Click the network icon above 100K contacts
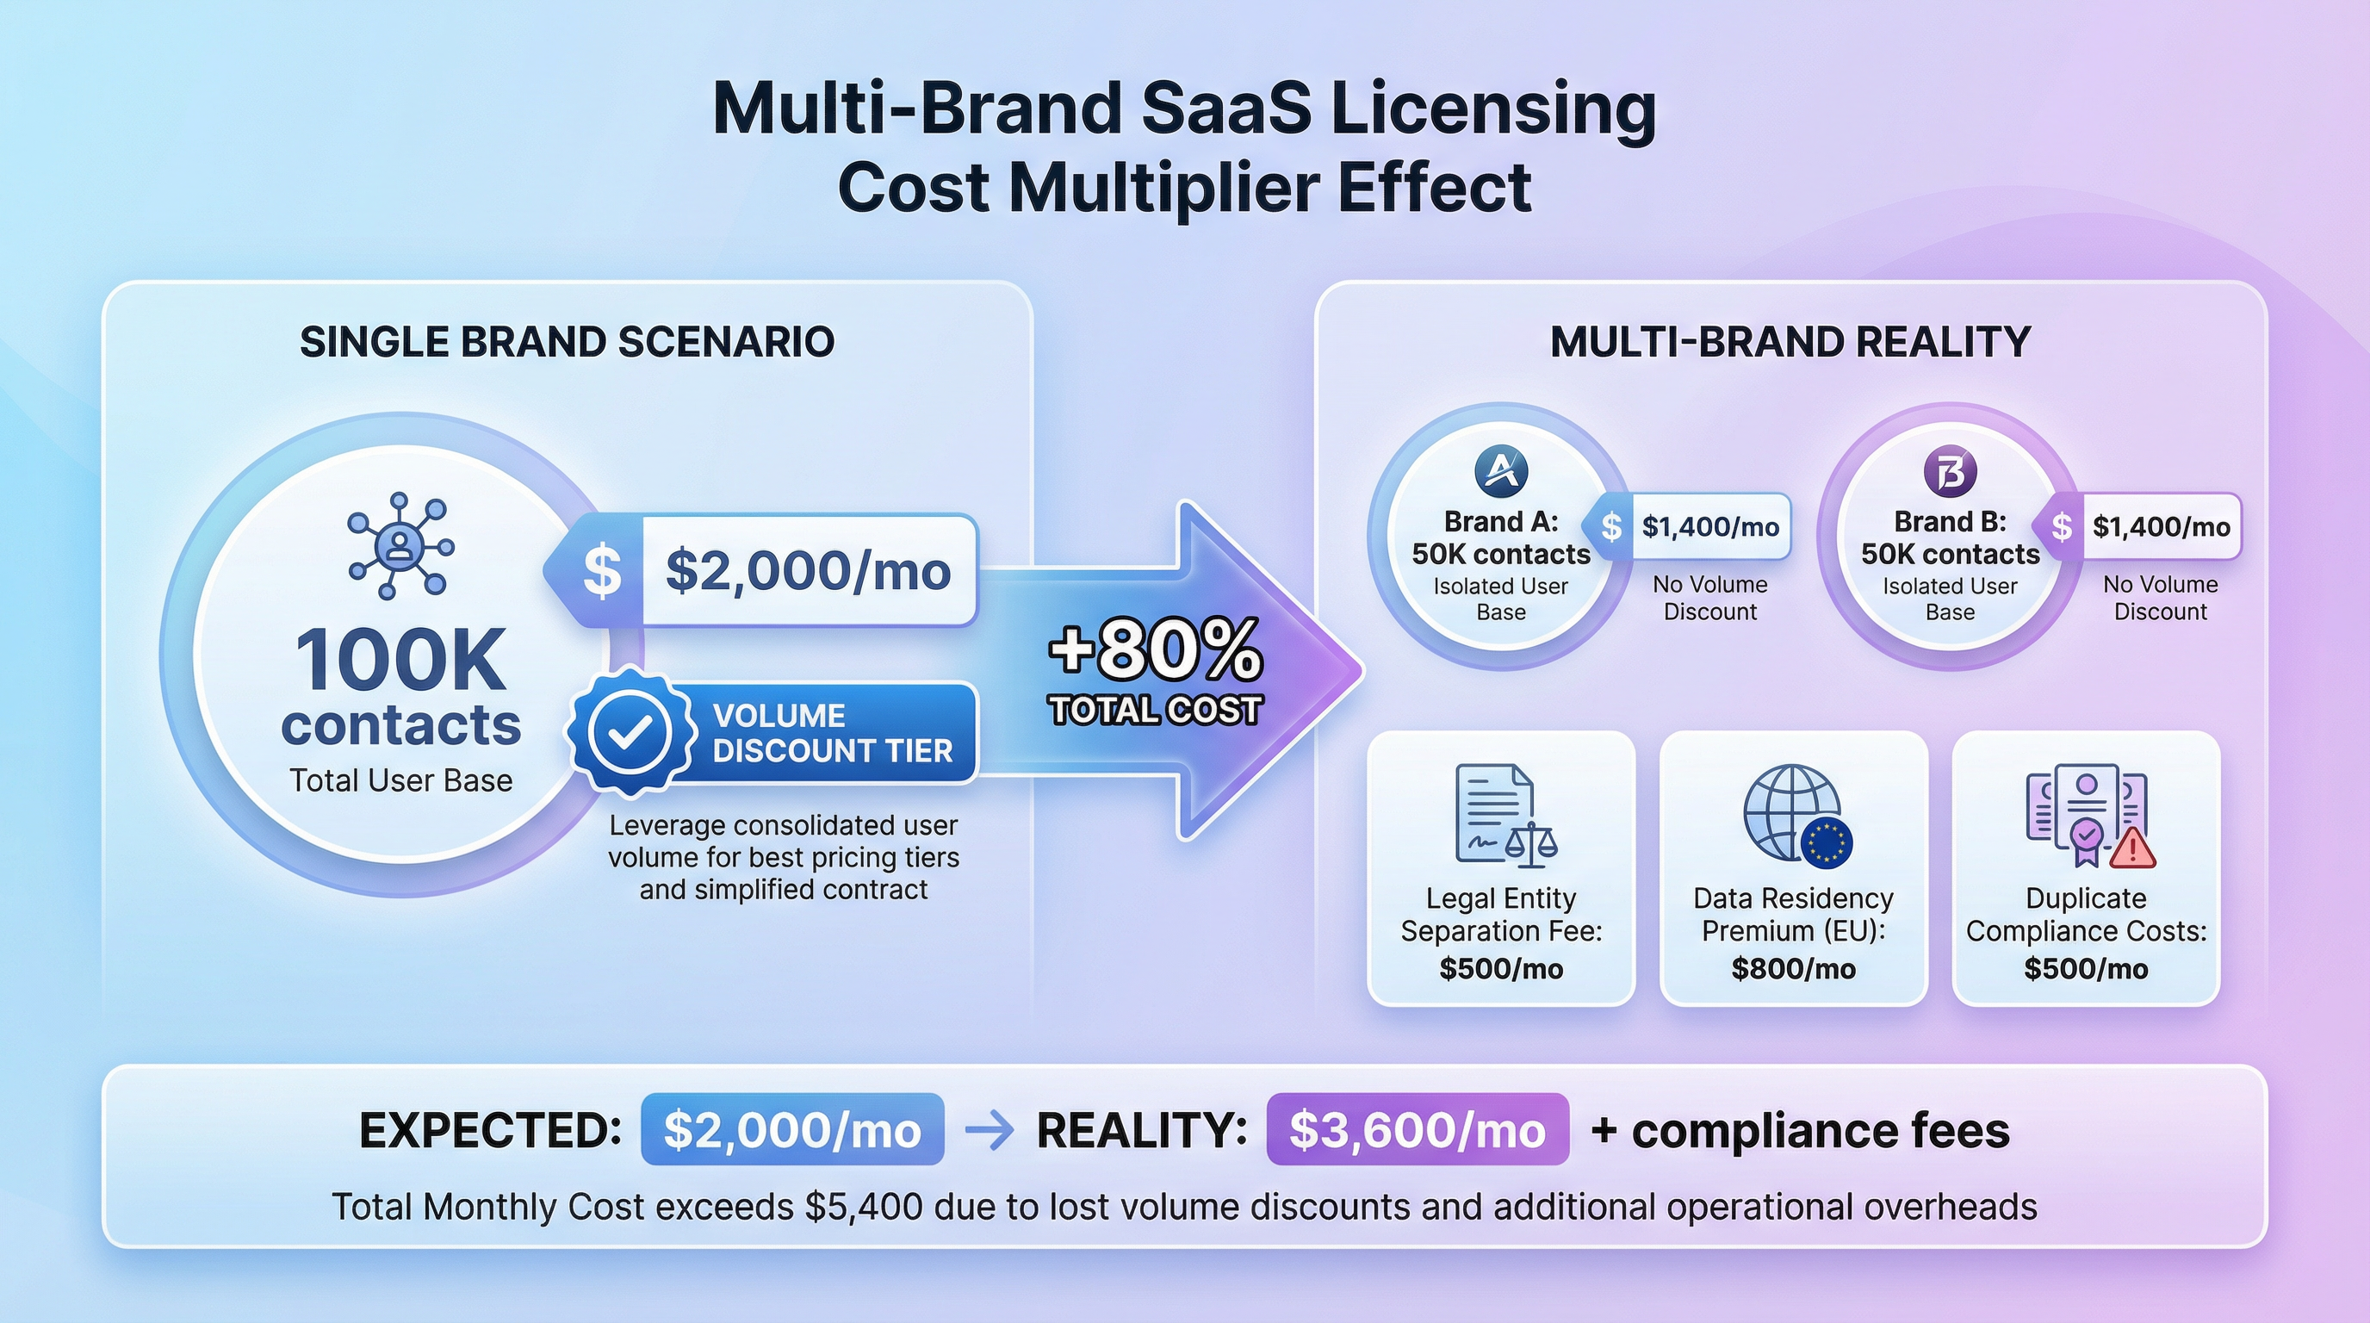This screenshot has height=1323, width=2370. tap(400, 546)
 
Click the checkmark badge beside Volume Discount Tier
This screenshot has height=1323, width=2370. tap(631, 731)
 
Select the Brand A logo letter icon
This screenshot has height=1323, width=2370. tap(1502, 471)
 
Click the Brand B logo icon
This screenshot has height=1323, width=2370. tap(1951, 471)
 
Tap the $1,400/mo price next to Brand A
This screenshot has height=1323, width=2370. tap(1710, 526)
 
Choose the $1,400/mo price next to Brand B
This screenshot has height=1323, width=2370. tap(2161, 526)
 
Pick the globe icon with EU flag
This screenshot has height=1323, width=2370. tap(1796, 816)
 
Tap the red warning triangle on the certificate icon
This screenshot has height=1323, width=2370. tap(2131, 848)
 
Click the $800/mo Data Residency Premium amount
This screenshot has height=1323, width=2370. tap(1793, 969)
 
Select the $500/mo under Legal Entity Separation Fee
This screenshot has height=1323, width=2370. tap(1502, 969)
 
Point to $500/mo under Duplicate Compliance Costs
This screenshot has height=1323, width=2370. tap(2086, 969)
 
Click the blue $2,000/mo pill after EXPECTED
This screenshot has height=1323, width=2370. tap(792, 1130)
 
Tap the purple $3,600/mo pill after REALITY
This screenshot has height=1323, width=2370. tap(1418, 1130)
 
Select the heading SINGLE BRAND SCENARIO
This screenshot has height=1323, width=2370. tap(568, 342)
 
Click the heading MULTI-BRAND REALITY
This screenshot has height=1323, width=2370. tap(1790, 342)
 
